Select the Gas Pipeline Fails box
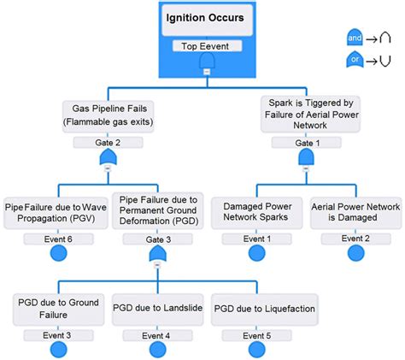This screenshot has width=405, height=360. coord(108,115)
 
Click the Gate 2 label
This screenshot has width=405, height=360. coord(108,143)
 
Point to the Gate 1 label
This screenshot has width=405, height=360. coord(305,143)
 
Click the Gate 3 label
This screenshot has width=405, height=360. coord(157,239)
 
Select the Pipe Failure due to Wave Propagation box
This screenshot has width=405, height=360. coord(57,211)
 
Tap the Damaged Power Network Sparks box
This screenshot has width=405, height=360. coord(257,211)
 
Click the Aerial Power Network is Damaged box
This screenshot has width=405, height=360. coord(355,211)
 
